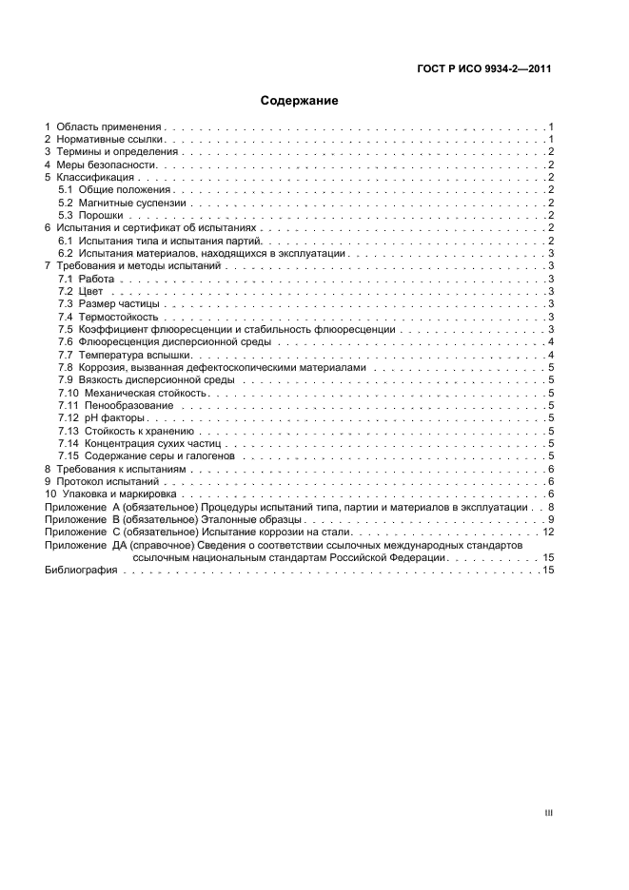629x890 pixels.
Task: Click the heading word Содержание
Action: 300,100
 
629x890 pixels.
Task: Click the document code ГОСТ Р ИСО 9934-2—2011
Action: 485,69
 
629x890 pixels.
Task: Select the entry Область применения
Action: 109,126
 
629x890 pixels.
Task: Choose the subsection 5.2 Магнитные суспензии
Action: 122,203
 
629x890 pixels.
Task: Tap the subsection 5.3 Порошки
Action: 95,216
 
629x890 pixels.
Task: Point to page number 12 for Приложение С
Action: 548,532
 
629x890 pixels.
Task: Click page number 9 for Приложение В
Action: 551,519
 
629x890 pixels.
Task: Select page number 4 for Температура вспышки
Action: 551,355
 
